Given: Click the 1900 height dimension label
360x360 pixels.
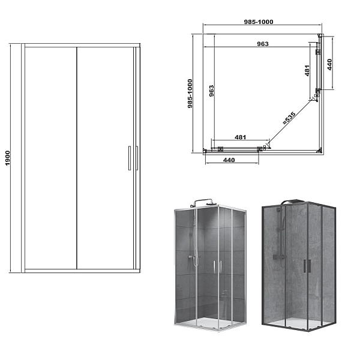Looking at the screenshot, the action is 8,158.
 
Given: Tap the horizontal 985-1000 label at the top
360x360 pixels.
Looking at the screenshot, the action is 259,22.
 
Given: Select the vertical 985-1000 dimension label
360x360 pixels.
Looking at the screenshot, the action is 190,94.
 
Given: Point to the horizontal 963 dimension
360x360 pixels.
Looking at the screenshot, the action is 263,44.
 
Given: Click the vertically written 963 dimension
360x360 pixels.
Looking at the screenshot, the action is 211,91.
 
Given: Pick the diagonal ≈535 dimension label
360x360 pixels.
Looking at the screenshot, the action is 289,118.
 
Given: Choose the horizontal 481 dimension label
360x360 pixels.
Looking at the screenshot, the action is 241,137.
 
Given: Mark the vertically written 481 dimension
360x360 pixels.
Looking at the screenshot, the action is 307,70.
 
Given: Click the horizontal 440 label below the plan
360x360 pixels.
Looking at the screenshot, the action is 229,160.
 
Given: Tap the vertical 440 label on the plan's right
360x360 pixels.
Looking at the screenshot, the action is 329,65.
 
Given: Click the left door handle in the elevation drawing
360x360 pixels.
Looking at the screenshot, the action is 130,158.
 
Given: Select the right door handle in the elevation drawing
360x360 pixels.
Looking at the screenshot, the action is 137,158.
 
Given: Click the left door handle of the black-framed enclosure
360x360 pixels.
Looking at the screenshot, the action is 305,266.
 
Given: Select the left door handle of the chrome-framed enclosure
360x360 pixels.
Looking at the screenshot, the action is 214,266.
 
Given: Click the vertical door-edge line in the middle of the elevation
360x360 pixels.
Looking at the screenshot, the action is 76,158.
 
